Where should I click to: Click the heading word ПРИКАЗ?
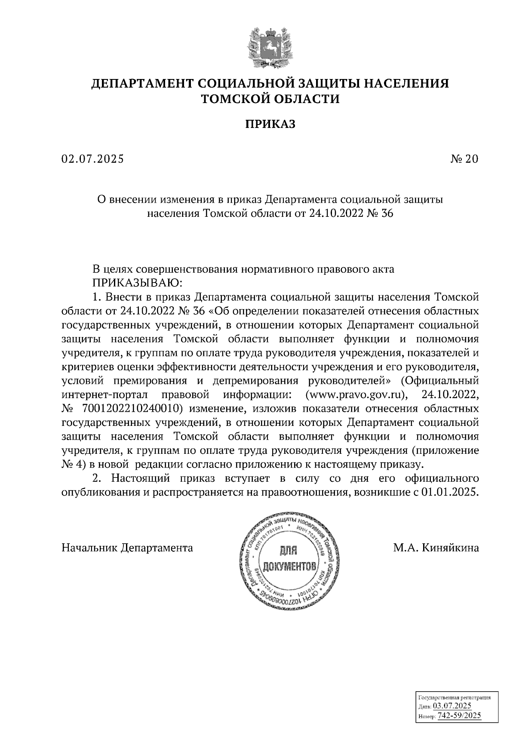[x=270, y=125]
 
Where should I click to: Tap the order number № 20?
[x=464, y=159]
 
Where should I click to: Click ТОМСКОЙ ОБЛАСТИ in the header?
[x=270, y=99]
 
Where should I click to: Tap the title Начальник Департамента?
[x=127, y=548]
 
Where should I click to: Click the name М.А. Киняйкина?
[x=436, y=548]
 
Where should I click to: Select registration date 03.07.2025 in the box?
[x=452, y=706]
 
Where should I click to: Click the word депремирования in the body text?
[x=254, y=380]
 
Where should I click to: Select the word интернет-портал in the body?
[x=105, y=394]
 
